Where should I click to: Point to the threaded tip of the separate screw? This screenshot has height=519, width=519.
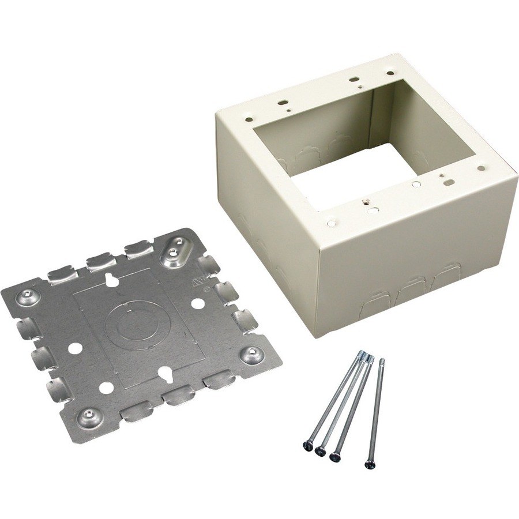(382, 362)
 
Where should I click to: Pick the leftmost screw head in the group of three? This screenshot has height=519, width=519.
(306, 445)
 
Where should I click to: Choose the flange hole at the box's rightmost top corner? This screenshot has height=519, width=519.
(481, 168)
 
